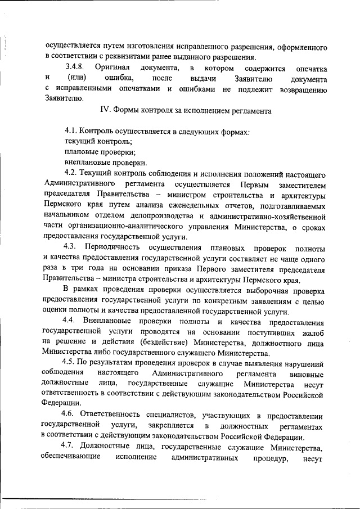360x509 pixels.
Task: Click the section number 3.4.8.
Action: pos(74,68)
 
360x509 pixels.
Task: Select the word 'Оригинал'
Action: pos(112,68)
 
